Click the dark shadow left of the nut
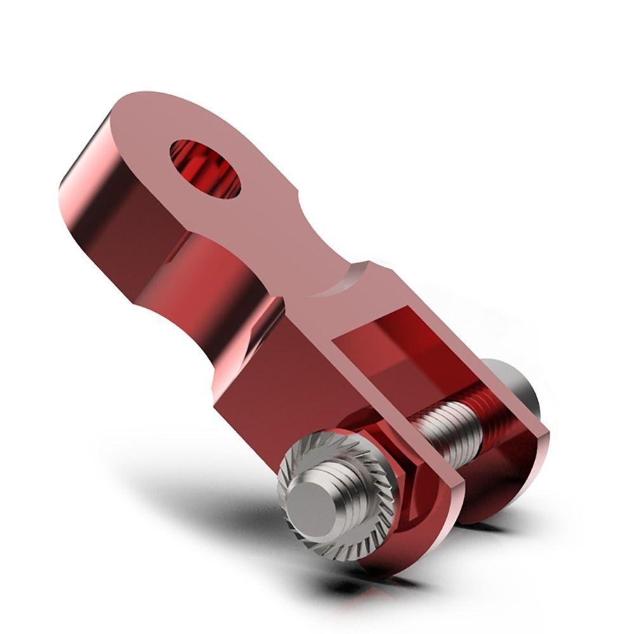(254, 507)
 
